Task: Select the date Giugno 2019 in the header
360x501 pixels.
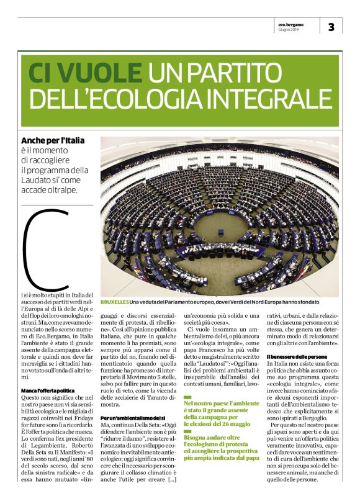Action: point(289,29)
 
